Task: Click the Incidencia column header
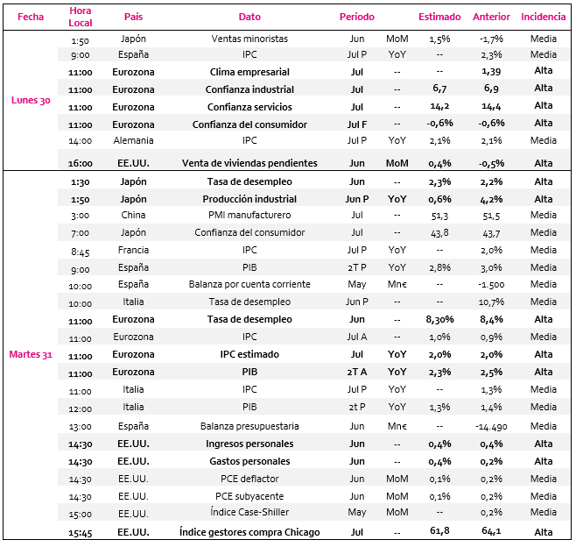(x=543, y=17)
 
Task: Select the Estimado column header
(x=439, y=17)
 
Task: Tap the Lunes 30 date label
(x=31, y=100)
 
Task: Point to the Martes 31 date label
(x=31, y=354)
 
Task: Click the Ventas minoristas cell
(x=249, y=39)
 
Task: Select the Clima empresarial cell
(x=249, y=72)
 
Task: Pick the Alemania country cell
(x=133, y=140)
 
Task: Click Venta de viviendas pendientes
(x=249, y=163)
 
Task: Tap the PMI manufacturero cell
(x=249, y=215)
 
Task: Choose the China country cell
(x=133, y=215)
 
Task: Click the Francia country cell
(x=133, y=250)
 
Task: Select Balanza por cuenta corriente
(x=249, y=284)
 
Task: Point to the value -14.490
(x=491, y=427)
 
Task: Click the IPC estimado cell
(x=249, y=354)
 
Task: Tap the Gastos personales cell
(x=249, y=461)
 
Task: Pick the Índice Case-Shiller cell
(x=249, y=512)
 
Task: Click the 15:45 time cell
(x=80, y=533)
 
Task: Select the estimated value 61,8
(x=439, y=531)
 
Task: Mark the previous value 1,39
(x=491, y=72)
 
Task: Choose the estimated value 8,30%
(x=439, y=319)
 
